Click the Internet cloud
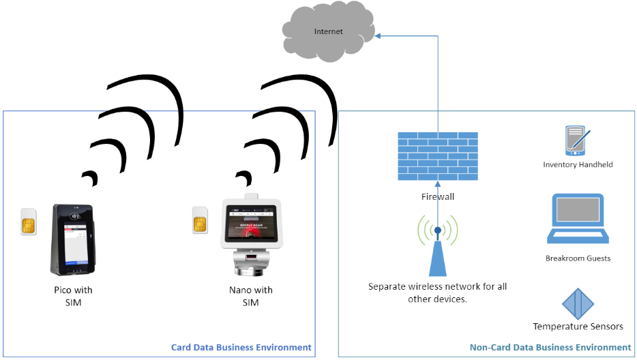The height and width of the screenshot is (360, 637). [x=329, y=32]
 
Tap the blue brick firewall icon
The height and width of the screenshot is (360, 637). [x=437, y=157]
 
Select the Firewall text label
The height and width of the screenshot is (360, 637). [x=437, y=196]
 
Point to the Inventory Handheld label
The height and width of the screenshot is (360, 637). [x=578, y=164]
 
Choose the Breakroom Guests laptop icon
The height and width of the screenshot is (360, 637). [x=578, y=220]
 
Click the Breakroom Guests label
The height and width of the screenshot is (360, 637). [x=578, y=258]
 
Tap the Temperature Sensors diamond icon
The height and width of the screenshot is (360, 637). [x=578, y=303]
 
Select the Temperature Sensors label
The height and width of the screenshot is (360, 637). [x=578, y=327]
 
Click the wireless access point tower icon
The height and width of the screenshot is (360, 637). [x=437, y=249]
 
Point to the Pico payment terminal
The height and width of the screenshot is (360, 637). [x=73, y=239]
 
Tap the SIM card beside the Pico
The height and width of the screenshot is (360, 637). [x=29, y=222]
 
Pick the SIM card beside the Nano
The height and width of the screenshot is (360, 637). [x=200, y=221]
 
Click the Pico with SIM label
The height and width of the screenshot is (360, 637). [x=73, y=296]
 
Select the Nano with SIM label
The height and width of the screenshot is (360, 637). [x=250, y=296]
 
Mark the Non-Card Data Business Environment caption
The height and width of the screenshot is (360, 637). [x=550, y=348]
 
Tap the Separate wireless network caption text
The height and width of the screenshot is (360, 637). [x=437, y=292]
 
